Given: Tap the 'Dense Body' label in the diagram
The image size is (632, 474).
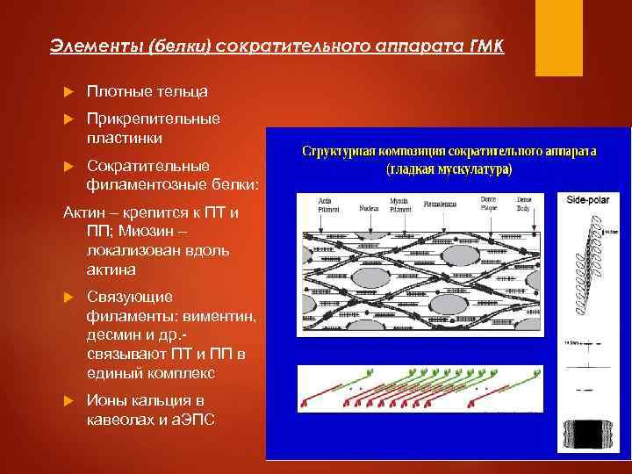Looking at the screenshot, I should (x=524, y=203).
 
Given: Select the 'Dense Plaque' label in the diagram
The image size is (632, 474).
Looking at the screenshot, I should (x=488, y=203).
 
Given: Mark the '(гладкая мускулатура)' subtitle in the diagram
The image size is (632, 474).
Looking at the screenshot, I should (x=449, y=169).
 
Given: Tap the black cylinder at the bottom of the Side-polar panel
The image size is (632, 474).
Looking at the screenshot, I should (x=587, y=431).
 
